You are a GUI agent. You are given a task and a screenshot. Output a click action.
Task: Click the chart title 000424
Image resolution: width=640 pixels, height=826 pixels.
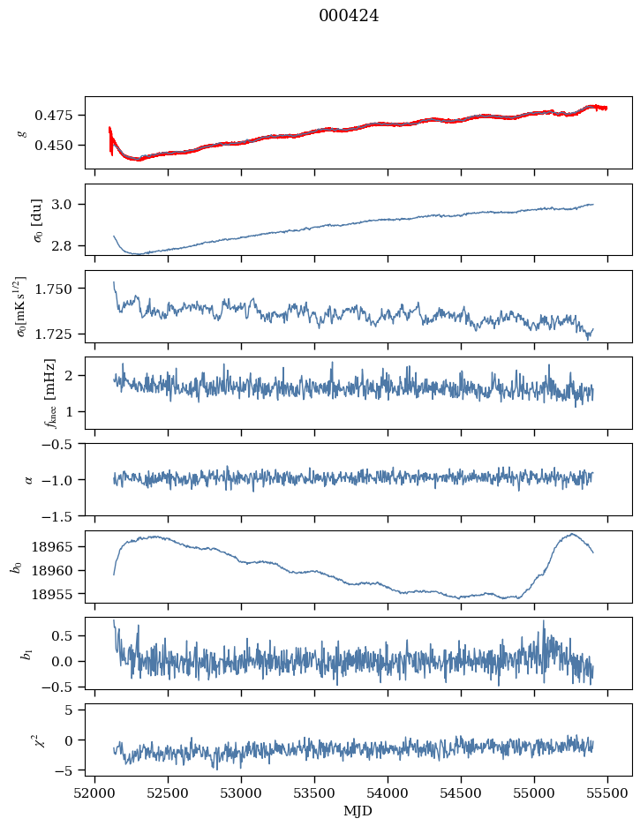pyautogui.click(x=349, y=16)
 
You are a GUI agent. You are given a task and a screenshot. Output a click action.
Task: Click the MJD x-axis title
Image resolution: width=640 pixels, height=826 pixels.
pyautogui.click(x=358, y=810)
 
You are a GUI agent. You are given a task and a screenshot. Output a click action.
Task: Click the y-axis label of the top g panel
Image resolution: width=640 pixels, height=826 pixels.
pyautogui.click(x=21, y=132)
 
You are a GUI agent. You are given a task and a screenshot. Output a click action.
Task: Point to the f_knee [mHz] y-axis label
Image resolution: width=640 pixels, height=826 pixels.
pyautogui.click(x=25, y=393)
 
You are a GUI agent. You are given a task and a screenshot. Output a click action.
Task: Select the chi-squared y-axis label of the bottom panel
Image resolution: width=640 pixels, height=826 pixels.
pyautogui.click(x=21, y=740)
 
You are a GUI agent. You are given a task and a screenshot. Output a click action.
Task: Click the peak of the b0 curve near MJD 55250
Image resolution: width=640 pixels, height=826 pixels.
pyautogui.click(x=571, y=534)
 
